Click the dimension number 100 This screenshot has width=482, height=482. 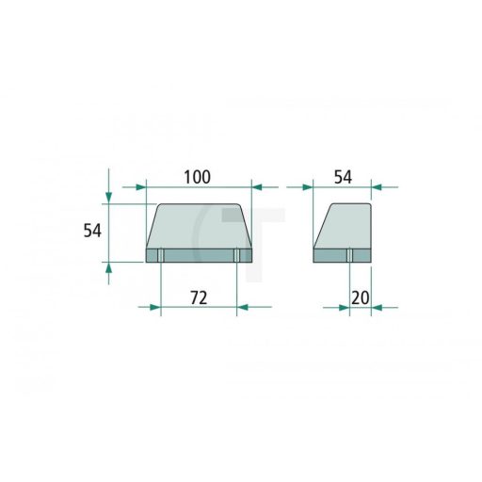pos(197,177)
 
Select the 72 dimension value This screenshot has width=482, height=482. pos(199,297)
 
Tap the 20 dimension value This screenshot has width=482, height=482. pos(360,297)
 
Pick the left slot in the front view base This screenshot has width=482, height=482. pos(161,255)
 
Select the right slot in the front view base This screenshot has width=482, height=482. pos(235,255)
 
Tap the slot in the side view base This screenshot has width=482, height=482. pos(350,255)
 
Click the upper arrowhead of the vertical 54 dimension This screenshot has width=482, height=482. pos(109,196)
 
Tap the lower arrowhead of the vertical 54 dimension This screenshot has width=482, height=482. pos(109,268)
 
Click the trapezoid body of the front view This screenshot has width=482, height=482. pos(199,226)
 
